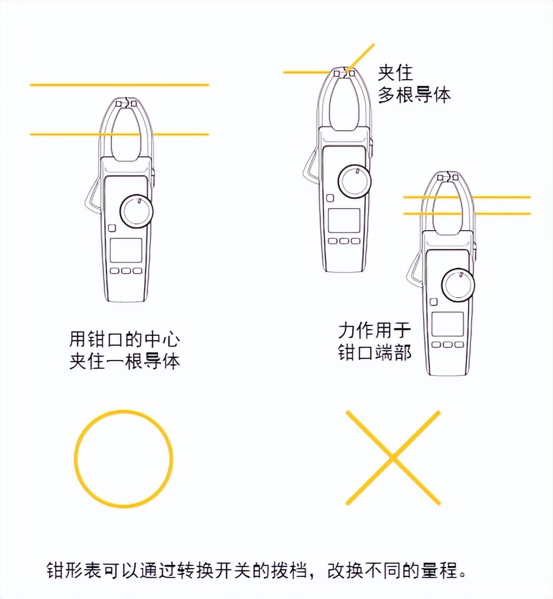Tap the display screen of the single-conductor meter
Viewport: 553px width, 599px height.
[x=126, y=250]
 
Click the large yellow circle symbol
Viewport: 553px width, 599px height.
[x=123, y=459]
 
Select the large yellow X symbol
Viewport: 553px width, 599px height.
[x=393, y=458]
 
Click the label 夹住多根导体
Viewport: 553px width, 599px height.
[x=414, y=84]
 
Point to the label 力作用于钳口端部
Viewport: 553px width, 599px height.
[x=375, y=341]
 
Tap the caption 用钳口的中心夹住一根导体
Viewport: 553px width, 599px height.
[x=124, y=350]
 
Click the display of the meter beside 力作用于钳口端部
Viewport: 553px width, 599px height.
[x=447, y=324]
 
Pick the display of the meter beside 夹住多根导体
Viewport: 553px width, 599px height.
[x=344, y=220]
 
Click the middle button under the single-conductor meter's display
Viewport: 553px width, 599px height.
[x=126, y=271]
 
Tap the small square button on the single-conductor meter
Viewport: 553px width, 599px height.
[x=112, y=228]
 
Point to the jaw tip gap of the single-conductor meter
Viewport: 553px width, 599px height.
[x=128, y=103]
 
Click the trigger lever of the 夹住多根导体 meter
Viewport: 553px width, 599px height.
[x=309, y=168]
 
